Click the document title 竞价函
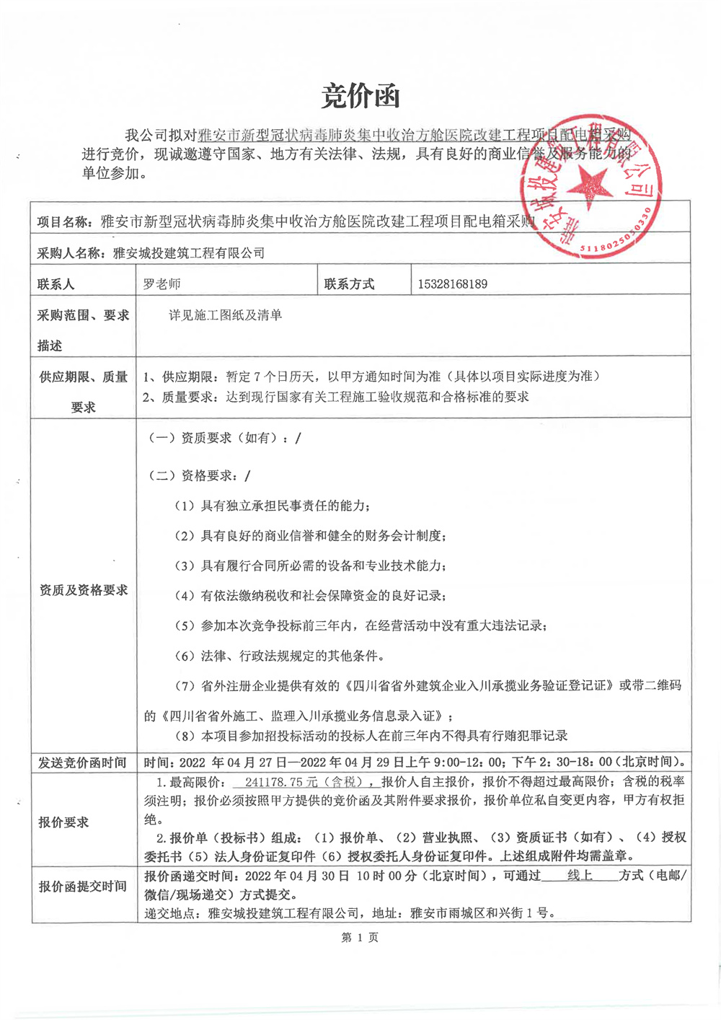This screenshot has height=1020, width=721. (360, 96)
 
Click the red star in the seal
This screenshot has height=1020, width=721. (590, 185)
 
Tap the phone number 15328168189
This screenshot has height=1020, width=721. (452, 284)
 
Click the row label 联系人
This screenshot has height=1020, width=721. (56, 284)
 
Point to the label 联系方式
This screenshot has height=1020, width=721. (350, 284)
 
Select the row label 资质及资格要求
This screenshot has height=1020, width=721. (84, 590)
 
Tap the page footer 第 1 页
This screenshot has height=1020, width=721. (360, 937)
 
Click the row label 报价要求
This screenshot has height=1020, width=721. (63, 822)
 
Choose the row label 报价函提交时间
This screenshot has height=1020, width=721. (83, 887)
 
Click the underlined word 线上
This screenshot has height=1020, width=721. (580, 876)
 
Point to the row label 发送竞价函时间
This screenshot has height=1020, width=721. (83, 762)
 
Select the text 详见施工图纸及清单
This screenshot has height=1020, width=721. (226, 315)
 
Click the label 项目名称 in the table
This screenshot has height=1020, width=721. (63, 222)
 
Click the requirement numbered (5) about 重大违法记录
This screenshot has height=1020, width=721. (360, 625)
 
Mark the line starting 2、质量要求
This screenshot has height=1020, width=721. (335, 397)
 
